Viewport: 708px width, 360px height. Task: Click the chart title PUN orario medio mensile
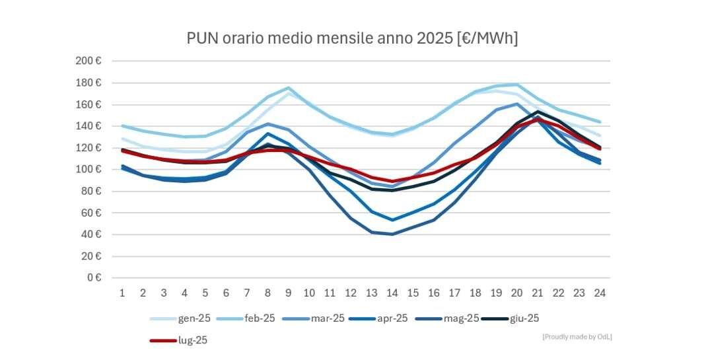(x=352, y=38)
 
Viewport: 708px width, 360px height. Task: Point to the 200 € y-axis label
(x=88, y=61)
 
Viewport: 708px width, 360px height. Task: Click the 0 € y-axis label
(x=94, y=278)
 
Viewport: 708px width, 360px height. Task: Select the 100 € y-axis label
(x=88, y=170)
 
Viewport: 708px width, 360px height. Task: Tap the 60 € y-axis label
(x=91, y=213)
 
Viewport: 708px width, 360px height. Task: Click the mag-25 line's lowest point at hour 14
(x=392, y=234)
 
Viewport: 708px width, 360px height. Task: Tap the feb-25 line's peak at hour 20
(x=517, y=85)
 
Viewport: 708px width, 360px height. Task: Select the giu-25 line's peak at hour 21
(x=538, y=112)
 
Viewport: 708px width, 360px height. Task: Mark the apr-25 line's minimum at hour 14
(x=392, y=220)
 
